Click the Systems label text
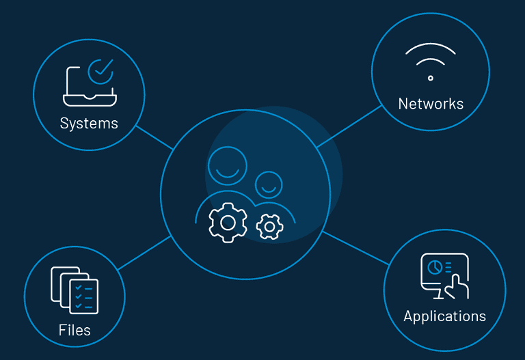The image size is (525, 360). pyautogui.click(x=89, y=124)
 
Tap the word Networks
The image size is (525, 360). pyautogui.click(x=431, y=104)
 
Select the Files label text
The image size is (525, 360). pyautogui.click(x=75, y=331)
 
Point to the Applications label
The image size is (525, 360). pyautogui.click(x=444, y=316)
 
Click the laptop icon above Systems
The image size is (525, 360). pyautogui.click(x=88, y=85)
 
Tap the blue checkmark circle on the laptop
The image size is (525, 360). pyautogui.click(x=101, y=70)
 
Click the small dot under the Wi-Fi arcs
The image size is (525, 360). pyautogui.click(x=430, y=78)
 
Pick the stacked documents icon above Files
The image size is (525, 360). pyautogui.click(x=75, y=290)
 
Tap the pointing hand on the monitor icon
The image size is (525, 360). pyautogui.click(x=456, y=286)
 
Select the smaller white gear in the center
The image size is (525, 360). pyautogui.click(x=270, y=227)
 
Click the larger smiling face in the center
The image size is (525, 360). pyautogui.click(x=228, y=166)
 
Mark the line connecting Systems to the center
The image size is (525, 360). pyautogui.click(x=154, y=137)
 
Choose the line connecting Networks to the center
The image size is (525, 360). pyautogui.click(x=349, y=126)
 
